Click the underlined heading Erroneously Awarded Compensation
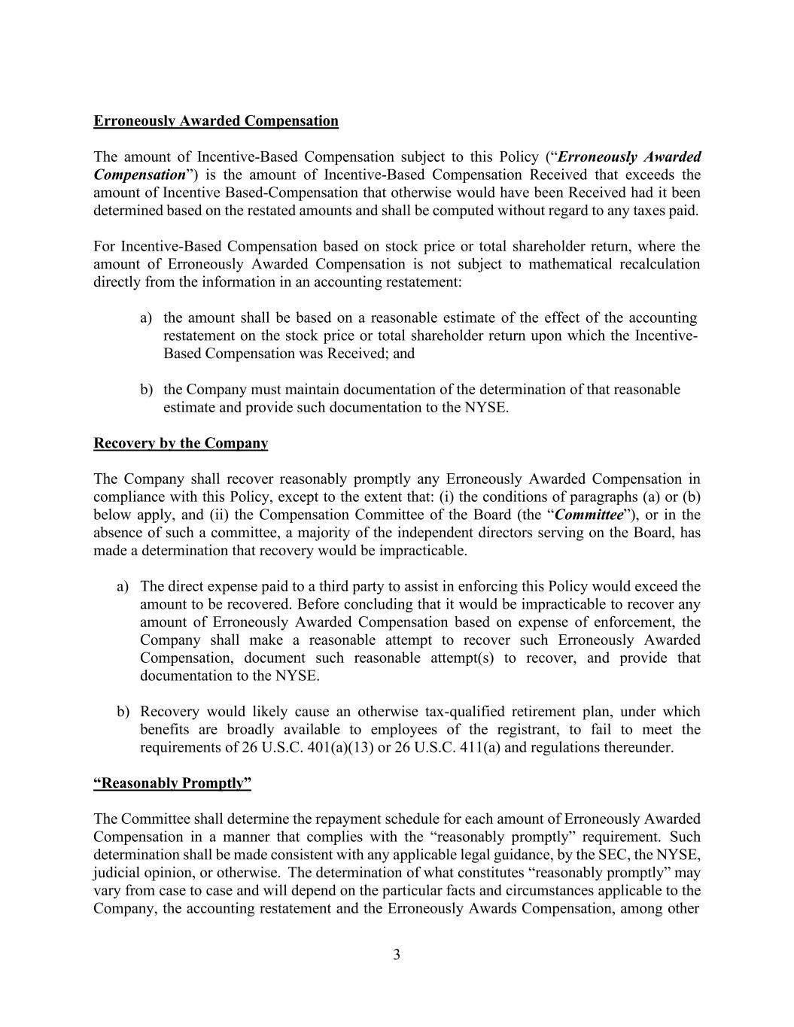[x=216, y=121]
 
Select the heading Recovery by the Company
[x=181, y=443]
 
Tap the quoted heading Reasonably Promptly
[x=172, y=783]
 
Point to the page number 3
[x=397, y=956]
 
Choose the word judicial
[x=117, y=873]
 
